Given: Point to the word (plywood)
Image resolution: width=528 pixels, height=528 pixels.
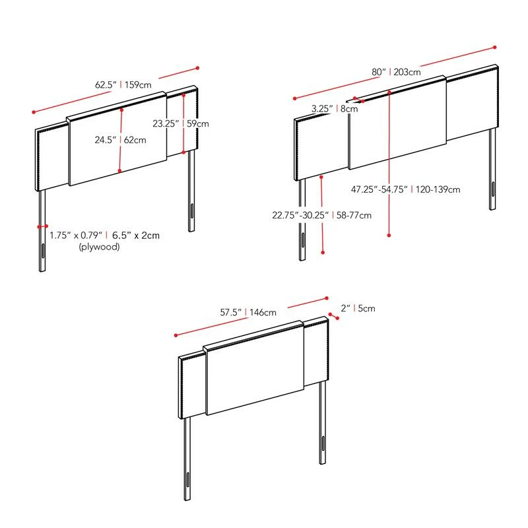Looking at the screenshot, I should [99, 247].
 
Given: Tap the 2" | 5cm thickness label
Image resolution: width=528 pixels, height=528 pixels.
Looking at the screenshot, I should [358, 308].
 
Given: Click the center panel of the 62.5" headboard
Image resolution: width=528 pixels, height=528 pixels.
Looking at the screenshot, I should [117, 142].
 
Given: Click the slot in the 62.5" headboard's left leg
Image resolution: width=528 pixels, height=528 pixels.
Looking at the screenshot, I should [42, 252].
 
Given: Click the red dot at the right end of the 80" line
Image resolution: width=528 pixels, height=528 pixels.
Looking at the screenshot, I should [495, 48].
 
